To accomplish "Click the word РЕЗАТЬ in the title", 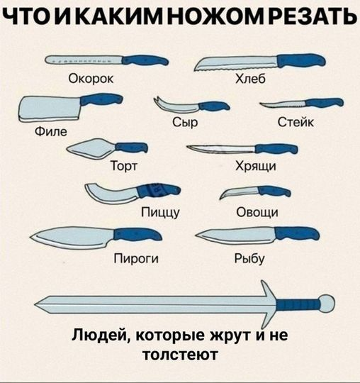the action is [313, 16].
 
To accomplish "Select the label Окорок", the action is [91, 79].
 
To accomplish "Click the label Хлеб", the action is [250, 79].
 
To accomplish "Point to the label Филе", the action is [51, 131].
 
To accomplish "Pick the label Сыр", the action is [185, 122].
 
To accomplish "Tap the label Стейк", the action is [296, 122].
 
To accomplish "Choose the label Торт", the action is [124, 166].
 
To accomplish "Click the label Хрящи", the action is [256, 167].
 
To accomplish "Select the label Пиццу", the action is [160, 212].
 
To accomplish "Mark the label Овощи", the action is [257, 212].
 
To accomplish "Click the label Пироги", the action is [136, 259].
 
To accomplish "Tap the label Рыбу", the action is [249, 259].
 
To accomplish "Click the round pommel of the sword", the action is [327, 304].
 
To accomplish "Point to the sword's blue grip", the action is [298, 304].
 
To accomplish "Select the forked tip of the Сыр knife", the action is [157, 100].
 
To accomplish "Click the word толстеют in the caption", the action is [180, 355].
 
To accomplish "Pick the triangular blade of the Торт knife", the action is [92, 148].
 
